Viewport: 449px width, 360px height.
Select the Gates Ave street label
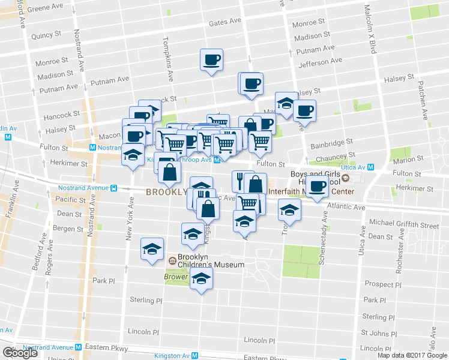pyautogui.click(x=224, y=22)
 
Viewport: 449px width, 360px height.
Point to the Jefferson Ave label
pyautogui.click(x=322, y=61)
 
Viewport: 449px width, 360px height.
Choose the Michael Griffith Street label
pyautogui.click(x=404, y=225)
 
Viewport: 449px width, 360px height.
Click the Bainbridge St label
pyautogui.click(x=330, y=145)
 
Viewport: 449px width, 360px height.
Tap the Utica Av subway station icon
pyautogui.click(x=370, y=168)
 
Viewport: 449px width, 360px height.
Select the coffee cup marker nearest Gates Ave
pyautogui.click(x=211, y=60)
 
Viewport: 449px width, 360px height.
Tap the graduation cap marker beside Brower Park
pyautogui.click(x=201, y=278)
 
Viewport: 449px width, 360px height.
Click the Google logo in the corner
pyautogui.click(x=20, y=353)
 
